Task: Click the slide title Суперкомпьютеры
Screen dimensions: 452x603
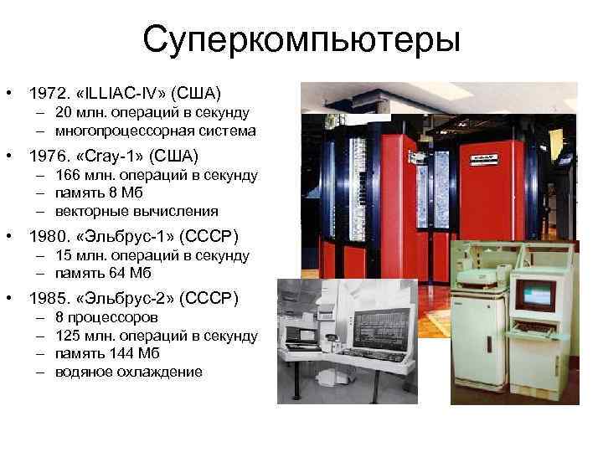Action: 301,39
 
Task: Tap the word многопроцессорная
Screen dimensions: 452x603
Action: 105,131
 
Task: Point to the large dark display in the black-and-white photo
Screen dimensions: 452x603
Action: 379,326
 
